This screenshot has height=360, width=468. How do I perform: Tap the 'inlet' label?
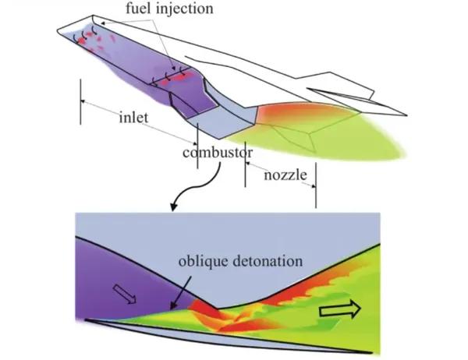pos(133,117)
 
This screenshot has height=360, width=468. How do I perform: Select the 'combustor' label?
pos(218,153)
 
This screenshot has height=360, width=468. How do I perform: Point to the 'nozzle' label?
pos(285,175)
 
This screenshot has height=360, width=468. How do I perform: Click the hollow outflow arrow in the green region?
pos(340,309)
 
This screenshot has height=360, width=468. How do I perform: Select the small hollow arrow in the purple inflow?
pos(125,294)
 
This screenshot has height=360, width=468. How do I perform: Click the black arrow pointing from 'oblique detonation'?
pos(181,292)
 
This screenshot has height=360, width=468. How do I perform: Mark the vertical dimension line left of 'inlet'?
pos(80,101)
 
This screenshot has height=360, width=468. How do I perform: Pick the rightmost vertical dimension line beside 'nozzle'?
pos(316,185)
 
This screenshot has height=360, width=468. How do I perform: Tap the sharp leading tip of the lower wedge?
pos(85,320)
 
